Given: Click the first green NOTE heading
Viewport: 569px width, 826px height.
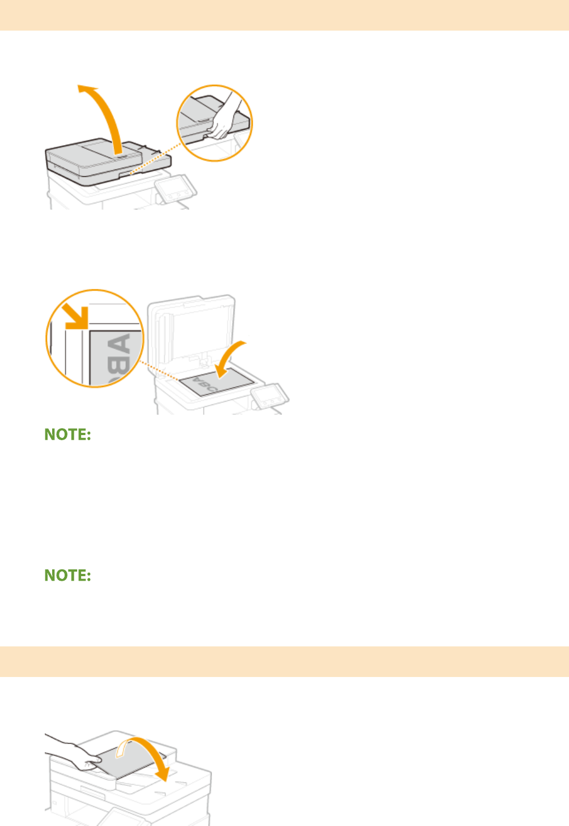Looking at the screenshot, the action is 68,435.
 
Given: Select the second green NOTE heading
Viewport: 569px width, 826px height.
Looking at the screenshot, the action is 68,576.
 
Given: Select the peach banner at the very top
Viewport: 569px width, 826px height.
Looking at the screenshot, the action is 284,15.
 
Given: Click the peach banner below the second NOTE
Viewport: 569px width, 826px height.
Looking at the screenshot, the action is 284,661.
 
